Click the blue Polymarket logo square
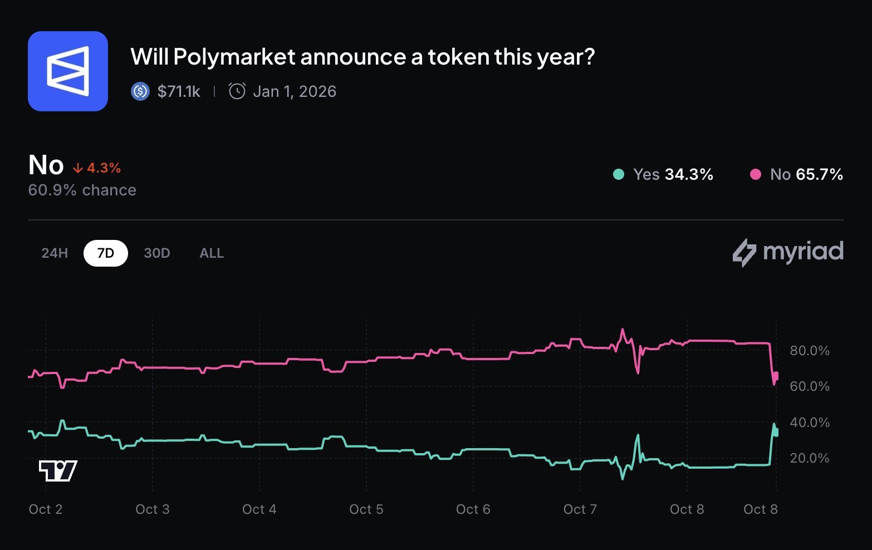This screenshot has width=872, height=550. pos(68,71)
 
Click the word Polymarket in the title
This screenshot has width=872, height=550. pos(234,57)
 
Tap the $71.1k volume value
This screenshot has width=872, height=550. pos(179,91)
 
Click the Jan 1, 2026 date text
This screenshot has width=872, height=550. pos(295,91)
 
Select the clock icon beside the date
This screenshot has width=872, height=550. pos(237,91)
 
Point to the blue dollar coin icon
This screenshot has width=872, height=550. pos(140,91)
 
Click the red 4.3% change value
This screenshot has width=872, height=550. pos(104,168)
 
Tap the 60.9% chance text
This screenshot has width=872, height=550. pos(82,190)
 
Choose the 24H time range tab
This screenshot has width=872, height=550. pos(55,253)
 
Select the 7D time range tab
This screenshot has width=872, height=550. pos(106,253)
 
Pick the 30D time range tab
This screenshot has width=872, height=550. pos(157,253)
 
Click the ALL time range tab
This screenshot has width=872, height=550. pos(212,253)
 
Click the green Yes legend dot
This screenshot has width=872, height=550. pos(618,175)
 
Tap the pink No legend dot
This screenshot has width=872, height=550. pos(756,175)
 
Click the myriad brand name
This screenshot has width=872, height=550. pos(803,252)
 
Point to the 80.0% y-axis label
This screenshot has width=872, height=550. pos(810,351)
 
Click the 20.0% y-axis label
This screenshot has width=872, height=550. pos(810,458)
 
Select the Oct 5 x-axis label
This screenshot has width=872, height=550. pos(366,509)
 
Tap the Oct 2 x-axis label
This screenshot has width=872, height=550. pos(46,509)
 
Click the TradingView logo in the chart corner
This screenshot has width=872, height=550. pos(58,471)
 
